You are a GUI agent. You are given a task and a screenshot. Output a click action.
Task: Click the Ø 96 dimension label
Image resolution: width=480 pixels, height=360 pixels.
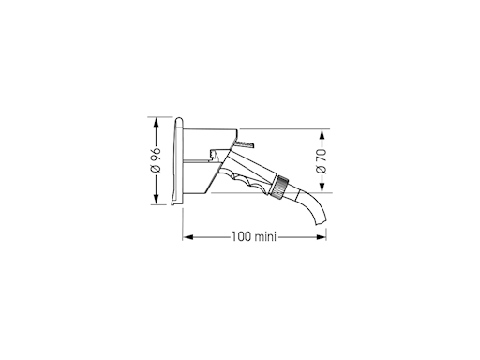click(x=156, y=159)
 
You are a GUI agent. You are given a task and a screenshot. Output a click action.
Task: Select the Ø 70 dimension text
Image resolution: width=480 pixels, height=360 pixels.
click(x=322, y=161)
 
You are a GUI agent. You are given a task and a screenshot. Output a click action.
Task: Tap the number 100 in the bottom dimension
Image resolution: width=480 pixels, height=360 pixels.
click(x=242, y=236)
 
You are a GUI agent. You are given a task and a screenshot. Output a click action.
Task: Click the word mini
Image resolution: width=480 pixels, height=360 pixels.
click(x=265, y=236)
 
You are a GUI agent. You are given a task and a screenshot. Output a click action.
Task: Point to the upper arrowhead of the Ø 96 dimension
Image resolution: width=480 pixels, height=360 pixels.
click(x=157, y=123)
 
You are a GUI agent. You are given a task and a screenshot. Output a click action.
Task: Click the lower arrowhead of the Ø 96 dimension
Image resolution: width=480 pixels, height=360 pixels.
click(x=157, y=199)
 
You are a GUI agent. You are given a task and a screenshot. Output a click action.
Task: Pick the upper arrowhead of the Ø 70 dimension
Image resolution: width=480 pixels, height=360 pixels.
click(x=322, y=135)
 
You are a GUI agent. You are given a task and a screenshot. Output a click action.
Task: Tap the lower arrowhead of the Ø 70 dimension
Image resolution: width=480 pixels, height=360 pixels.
click(x=322, y=187)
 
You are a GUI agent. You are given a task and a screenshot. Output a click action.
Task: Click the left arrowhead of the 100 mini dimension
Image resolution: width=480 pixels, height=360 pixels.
click(x=188, y=237)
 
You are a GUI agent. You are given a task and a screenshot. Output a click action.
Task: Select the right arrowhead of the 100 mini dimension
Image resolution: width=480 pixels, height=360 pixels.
click(x=322, y=237)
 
